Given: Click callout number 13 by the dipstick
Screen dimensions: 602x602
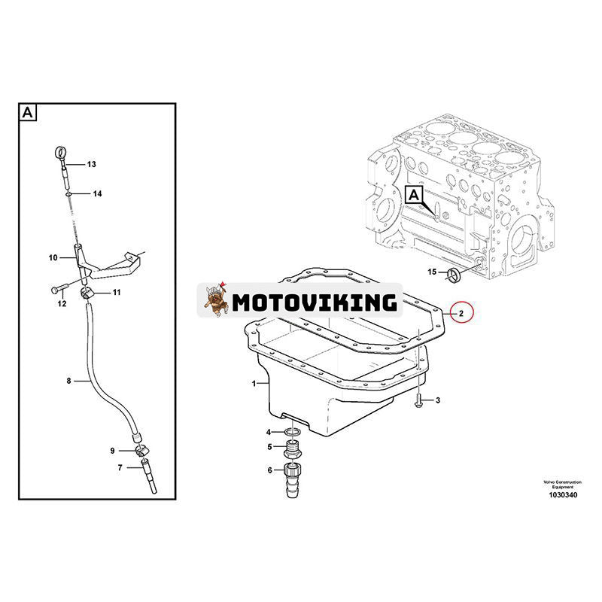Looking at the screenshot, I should pyautogui.click(x=92, y=164).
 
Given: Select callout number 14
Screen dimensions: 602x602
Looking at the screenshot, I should pyautogui.click(x=97, y=193).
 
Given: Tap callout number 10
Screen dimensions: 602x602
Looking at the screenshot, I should pyautogui.click(x=53, y=258).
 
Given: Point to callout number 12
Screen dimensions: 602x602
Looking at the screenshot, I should pyautogui.click(x=62, y=303).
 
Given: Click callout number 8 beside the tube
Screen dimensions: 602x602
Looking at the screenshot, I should pyautogui.click(x=68, y=382).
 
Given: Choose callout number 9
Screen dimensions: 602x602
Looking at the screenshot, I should pyautogui.click(x=112, y=451).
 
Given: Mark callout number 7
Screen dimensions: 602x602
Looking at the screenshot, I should pyautogui.click(x=120, y=468).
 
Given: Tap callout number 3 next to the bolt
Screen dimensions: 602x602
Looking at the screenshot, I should pyautogui.click(x=438, y=400).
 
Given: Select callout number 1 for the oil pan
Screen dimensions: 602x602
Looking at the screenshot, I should pyautogui.click(x=254, y=384).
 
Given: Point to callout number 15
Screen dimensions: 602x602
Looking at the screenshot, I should pyautogui.click(x=432, y=271).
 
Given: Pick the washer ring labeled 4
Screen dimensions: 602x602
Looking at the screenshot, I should pyautogui.click(x=293, y=432).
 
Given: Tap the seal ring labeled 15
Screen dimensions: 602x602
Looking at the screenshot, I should pyautogui.click(x=454, y=274).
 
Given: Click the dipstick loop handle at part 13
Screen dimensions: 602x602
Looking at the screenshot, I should pyautogui.click(x=59, y=154).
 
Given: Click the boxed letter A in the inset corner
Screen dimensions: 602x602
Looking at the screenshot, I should pyautogui.click(x=26, y=113).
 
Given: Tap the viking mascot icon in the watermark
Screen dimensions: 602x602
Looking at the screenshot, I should pyautogui.click(x=214, y=301).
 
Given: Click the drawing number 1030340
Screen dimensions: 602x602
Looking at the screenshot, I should pyautogui.click(x=562, y=496).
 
